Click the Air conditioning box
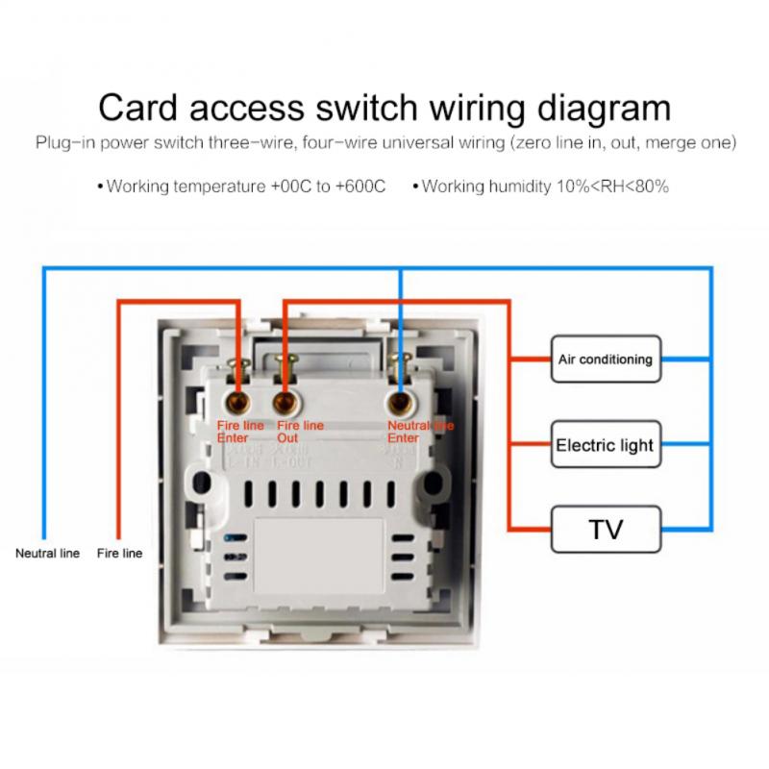click(606, 360)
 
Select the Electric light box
click(605, 445)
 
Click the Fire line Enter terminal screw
click(236, 399)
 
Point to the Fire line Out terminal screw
click(284, 399)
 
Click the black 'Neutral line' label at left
click(47, 554)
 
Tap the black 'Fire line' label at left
click(119, 554)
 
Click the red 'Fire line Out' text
click(300, 431)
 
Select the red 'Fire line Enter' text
click(238, 431)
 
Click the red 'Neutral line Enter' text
click(419, 431)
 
